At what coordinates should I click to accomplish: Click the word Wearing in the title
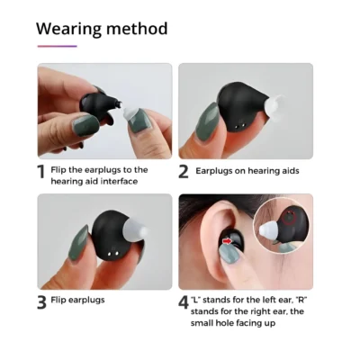click(x=69, y=29)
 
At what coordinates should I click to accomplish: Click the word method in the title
click(x=137, y=29)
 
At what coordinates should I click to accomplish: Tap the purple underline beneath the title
click(x=58, y=46)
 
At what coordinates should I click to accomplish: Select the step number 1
click(x=41, y=172)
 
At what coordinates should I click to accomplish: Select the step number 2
click(x=184, y=172)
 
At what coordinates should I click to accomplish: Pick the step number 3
click(x=42, y=302)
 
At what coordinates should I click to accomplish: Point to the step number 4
click(x=184, y=302)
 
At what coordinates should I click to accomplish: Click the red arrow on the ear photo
click(x=228, y=240)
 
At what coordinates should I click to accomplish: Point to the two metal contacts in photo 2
click(x=239, y=126)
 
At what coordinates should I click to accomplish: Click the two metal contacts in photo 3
click(x=112, y=255)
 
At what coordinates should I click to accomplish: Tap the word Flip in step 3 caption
click(x=58, y=300)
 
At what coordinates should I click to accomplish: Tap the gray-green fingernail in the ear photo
click(x=229, y=253)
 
